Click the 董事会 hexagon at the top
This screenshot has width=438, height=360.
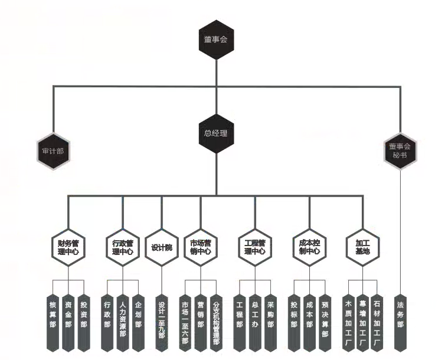coord(216,41)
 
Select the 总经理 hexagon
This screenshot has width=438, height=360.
coord(216,133)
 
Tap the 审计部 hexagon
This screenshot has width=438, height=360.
coord(53,150)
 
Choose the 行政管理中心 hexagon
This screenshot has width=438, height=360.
coord(123,247)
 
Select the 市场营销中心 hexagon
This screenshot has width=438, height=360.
coord(201,247)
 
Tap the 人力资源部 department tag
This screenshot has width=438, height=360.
coord(123,322)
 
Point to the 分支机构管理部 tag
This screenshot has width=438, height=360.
coord(216,322)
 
